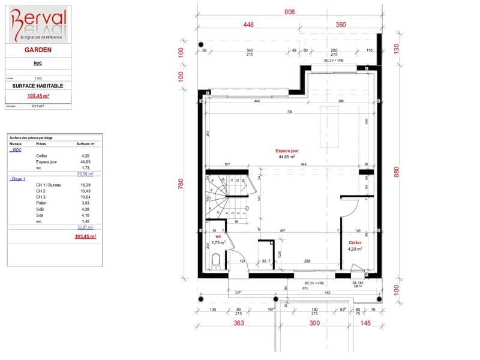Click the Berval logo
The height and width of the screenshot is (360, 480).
pos(37,24)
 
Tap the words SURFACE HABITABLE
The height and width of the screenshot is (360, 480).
pos(37,86)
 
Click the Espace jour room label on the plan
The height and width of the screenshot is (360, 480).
pos(287,151)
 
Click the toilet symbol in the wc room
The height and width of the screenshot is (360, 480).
pos(216,260)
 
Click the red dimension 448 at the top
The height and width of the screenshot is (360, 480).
pos(250,25)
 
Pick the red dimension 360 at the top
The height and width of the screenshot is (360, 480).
pos(340,25)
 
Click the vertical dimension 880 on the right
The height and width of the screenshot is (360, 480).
pos(396,171)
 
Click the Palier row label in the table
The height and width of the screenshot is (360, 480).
pos(41,203)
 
